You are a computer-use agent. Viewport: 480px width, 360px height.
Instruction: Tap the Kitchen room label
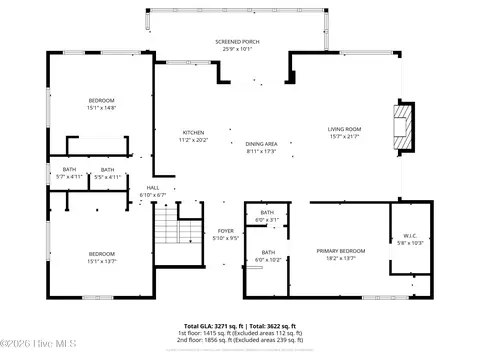(193, 136)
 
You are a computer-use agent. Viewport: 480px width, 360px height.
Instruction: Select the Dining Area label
(261, 147)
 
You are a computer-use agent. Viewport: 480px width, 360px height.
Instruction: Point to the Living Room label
(344, 132)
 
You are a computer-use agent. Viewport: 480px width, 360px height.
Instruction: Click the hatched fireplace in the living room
(403, 127)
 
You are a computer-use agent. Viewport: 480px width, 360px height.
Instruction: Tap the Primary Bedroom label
(335, 254)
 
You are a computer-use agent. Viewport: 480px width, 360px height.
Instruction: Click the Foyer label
(226, 234)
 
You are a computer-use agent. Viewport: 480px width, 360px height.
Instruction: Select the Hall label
(153, 190)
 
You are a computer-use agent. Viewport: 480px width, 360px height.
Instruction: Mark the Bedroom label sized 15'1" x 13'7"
(101, 256)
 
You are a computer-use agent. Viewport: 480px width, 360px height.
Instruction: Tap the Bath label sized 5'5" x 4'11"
(106, 173)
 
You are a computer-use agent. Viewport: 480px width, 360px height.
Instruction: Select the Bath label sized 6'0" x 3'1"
(267, 216)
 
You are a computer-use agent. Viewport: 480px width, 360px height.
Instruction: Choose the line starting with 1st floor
(239, 333)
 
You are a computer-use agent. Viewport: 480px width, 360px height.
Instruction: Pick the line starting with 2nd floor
(239, 340)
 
